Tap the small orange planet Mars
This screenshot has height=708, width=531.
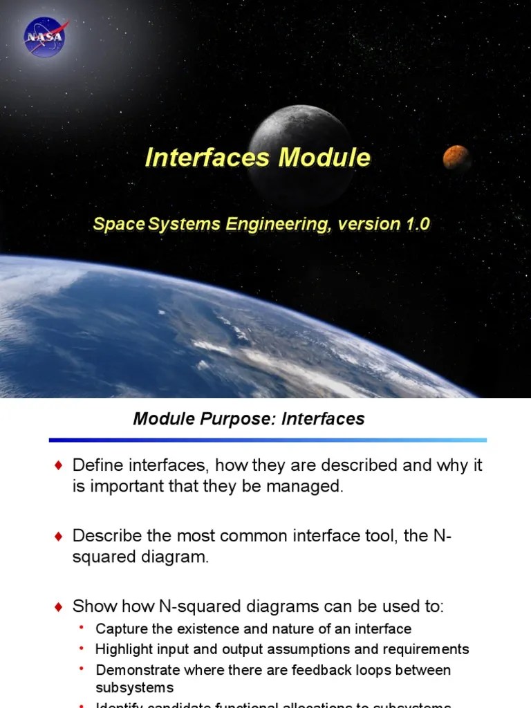pyautogui.click(x=456, y=158)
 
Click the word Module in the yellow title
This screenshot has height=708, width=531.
pyautogui.click(x=324, y=158)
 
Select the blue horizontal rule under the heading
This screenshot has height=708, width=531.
pyautogui.click(x=268, y=440)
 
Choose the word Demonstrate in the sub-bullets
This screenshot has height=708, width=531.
pyautogui.click(x=135, y=670)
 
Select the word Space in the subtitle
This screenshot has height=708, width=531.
pyautogui.click(x=110, y=224)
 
